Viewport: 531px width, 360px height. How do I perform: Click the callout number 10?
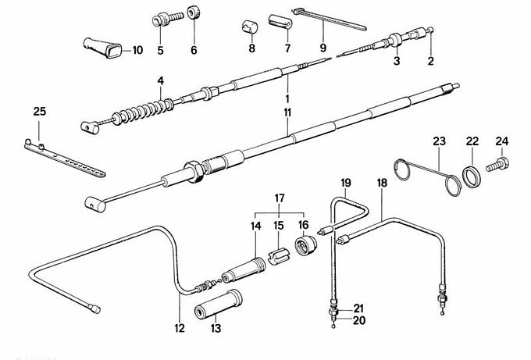coord(137,51)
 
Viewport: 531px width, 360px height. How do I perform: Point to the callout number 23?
coord(440,141)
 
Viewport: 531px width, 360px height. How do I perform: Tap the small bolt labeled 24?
coord(497,166)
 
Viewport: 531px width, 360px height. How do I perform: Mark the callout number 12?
coord(180,329)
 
